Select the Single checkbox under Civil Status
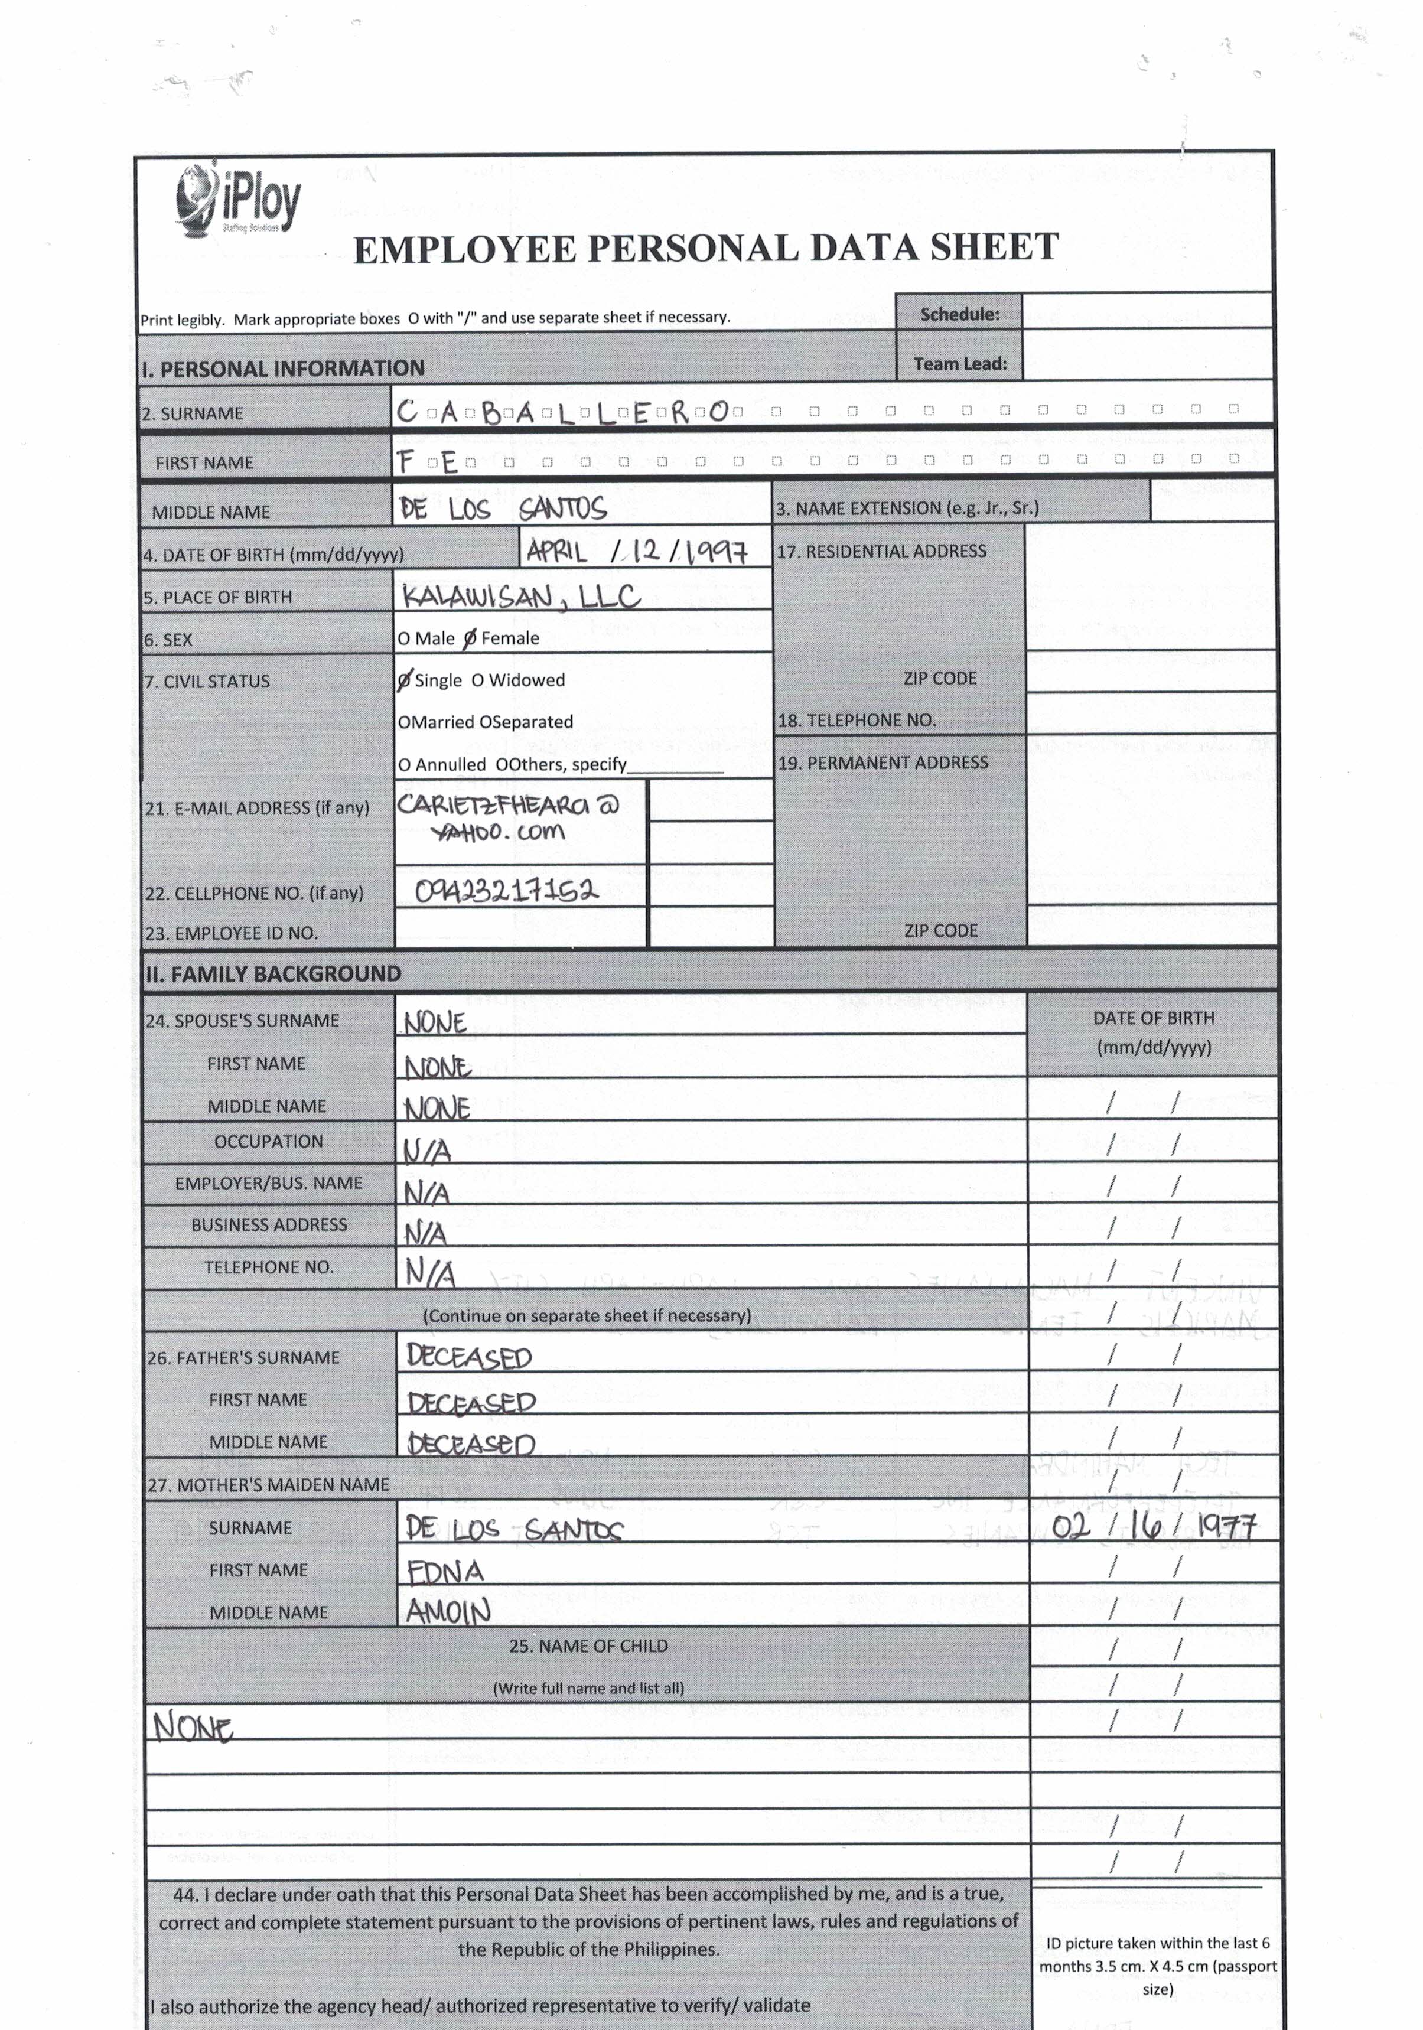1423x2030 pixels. pyautogui.click(x=404, y=680)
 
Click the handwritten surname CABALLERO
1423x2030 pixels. pyautogui.click(x=564, y=412)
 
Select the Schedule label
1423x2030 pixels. pyautogui.click(x=959, y=314)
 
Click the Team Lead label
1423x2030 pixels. pyautogui.click(x=959, y=363)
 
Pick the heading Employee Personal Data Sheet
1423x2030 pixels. pyautogui.click(x=706, y=249)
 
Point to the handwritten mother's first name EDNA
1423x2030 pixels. pyautogui.click(x=445, y=1571)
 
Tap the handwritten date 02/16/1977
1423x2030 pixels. pyautogui.click(x=1153, y=1526)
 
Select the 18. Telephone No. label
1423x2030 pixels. pyautogui.click(x=855, y=720)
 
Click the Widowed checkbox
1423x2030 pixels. pyautogui.click(x=477, y=680)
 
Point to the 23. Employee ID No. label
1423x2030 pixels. pyautogui.click(x=231, y=933)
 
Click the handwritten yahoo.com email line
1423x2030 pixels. pyautogui.click(x=497, y=832)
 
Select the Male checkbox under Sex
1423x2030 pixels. pyautogui.click(x=403, y=638)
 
